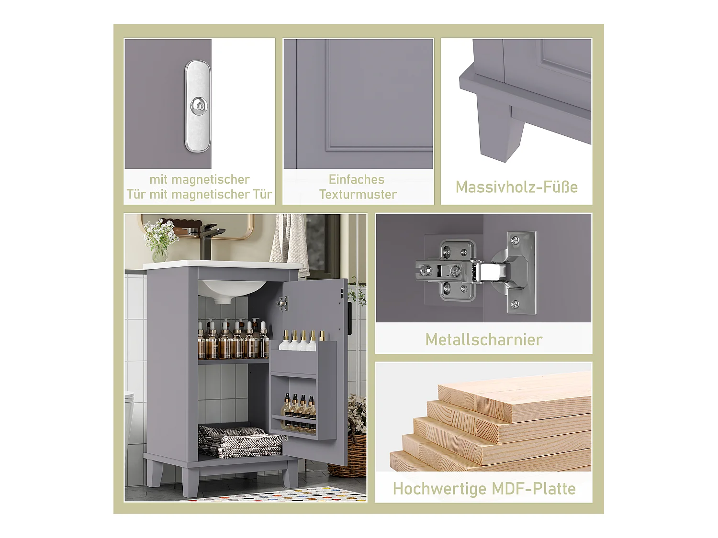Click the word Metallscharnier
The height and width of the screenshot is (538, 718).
pyautogui.click(x=484, y=340)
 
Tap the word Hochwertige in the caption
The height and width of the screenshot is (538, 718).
pyautogui.click(x=439, y=489)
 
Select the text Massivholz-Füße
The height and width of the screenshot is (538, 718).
pyautogui.click(x=516, y=187)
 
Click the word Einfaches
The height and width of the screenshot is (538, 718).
pyautogui.click(x=357, y=179)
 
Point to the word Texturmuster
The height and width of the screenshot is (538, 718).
pyautogui.click(x=358, y=194)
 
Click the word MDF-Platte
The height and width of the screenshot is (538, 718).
pyautogui.click(x=534, y=489)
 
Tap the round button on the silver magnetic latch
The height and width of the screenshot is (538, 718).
pyautogui.click(x=198, y=104)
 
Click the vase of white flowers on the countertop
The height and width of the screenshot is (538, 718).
pyautogui.click(x=160, y=241)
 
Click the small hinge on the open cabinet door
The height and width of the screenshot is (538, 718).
pyautogui.click(x=282, y=304)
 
